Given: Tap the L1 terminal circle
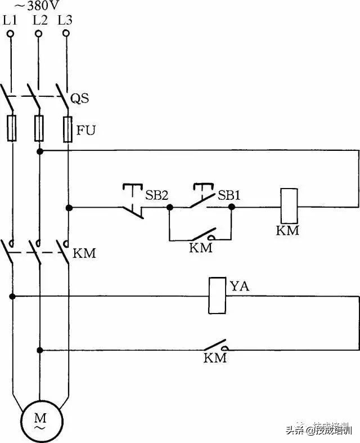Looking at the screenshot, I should tap(11, 34).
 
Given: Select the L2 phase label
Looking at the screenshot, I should tap(40, 20).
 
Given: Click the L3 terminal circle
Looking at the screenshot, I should tap(66, 34).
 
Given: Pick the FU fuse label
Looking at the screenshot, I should tap(86, 131).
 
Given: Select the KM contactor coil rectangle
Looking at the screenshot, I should tap(289, 207).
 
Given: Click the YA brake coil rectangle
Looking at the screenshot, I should tap(217, 296).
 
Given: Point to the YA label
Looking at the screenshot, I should tap(240, 287).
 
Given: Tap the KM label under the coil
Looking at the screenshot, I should tap(287, 231).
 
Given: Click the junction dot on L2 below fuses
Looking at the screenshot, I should tap(39, 151).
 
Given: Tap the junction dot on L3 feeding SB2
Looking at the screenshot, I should tap(69, 208).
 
